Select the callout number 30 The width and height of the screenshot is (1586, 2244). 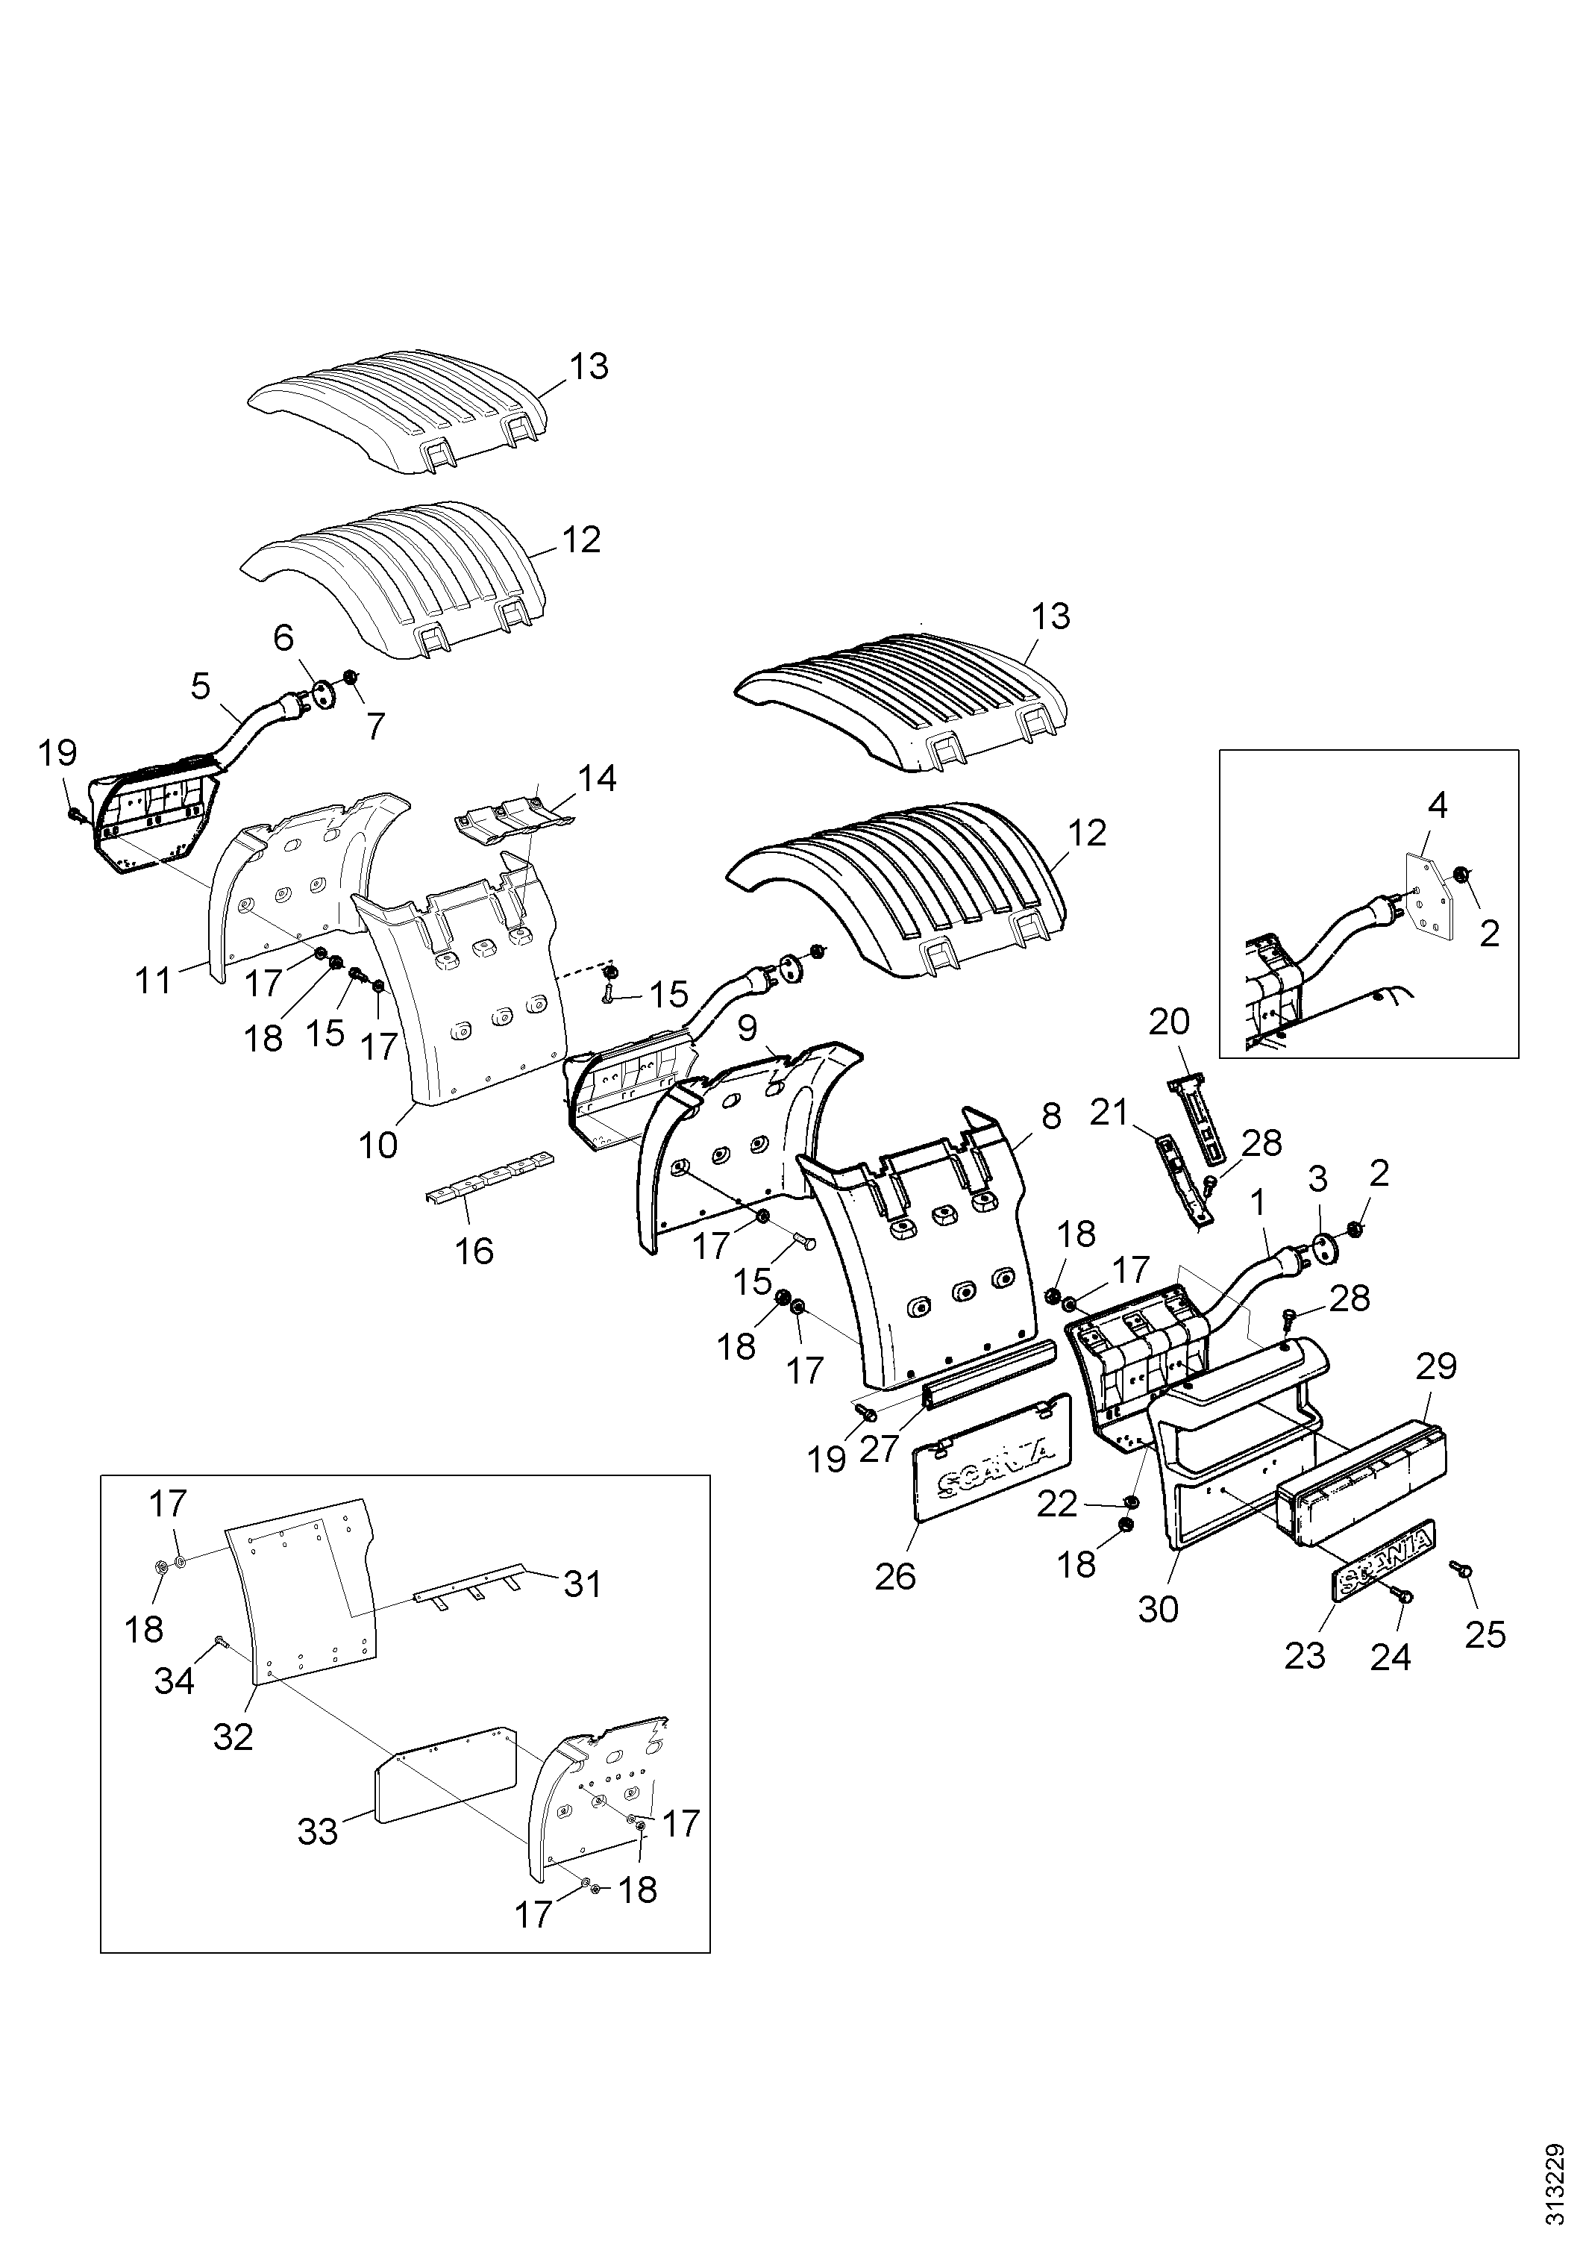1158,1609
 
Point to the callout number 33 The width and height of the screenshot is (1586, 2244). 319,1831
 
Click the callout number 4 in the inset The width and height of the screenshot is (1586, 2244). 1438,805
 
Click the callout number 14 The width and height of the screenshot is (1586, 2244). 597,779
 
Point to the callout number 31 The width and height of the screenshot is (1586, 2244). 583,1584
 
